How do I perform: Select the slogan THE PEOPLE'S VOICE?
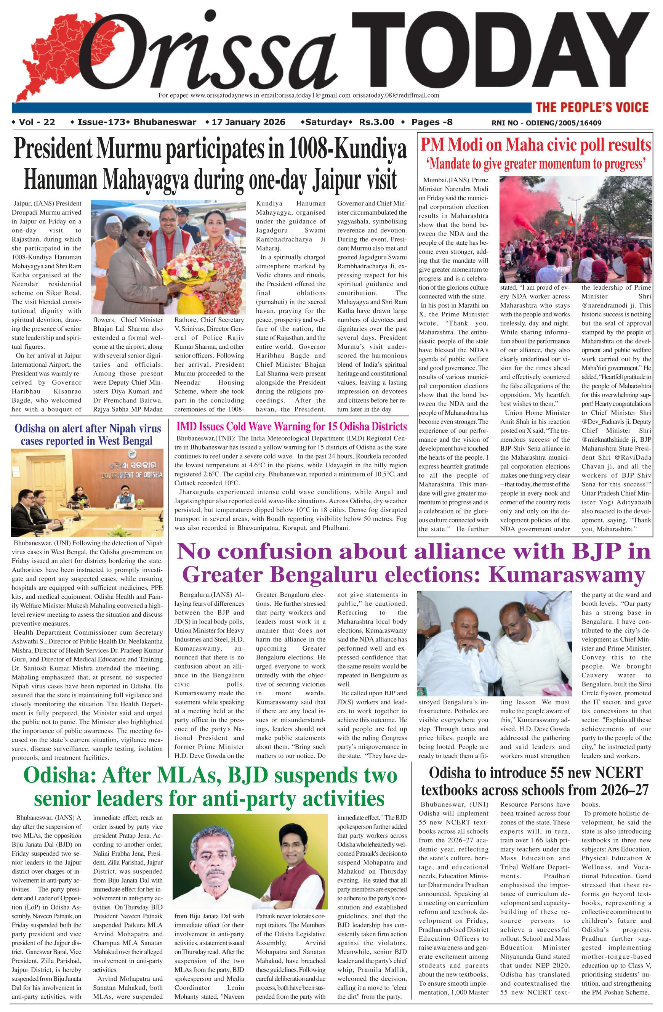coord(592,107)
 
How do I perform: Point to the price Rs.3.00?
coord(376,122)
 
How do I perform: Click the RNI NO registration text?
coord(546,123)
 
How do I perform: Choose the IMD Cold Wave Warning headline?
coord(291,427)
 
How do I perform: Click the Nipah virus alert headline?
coord(88,434)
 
